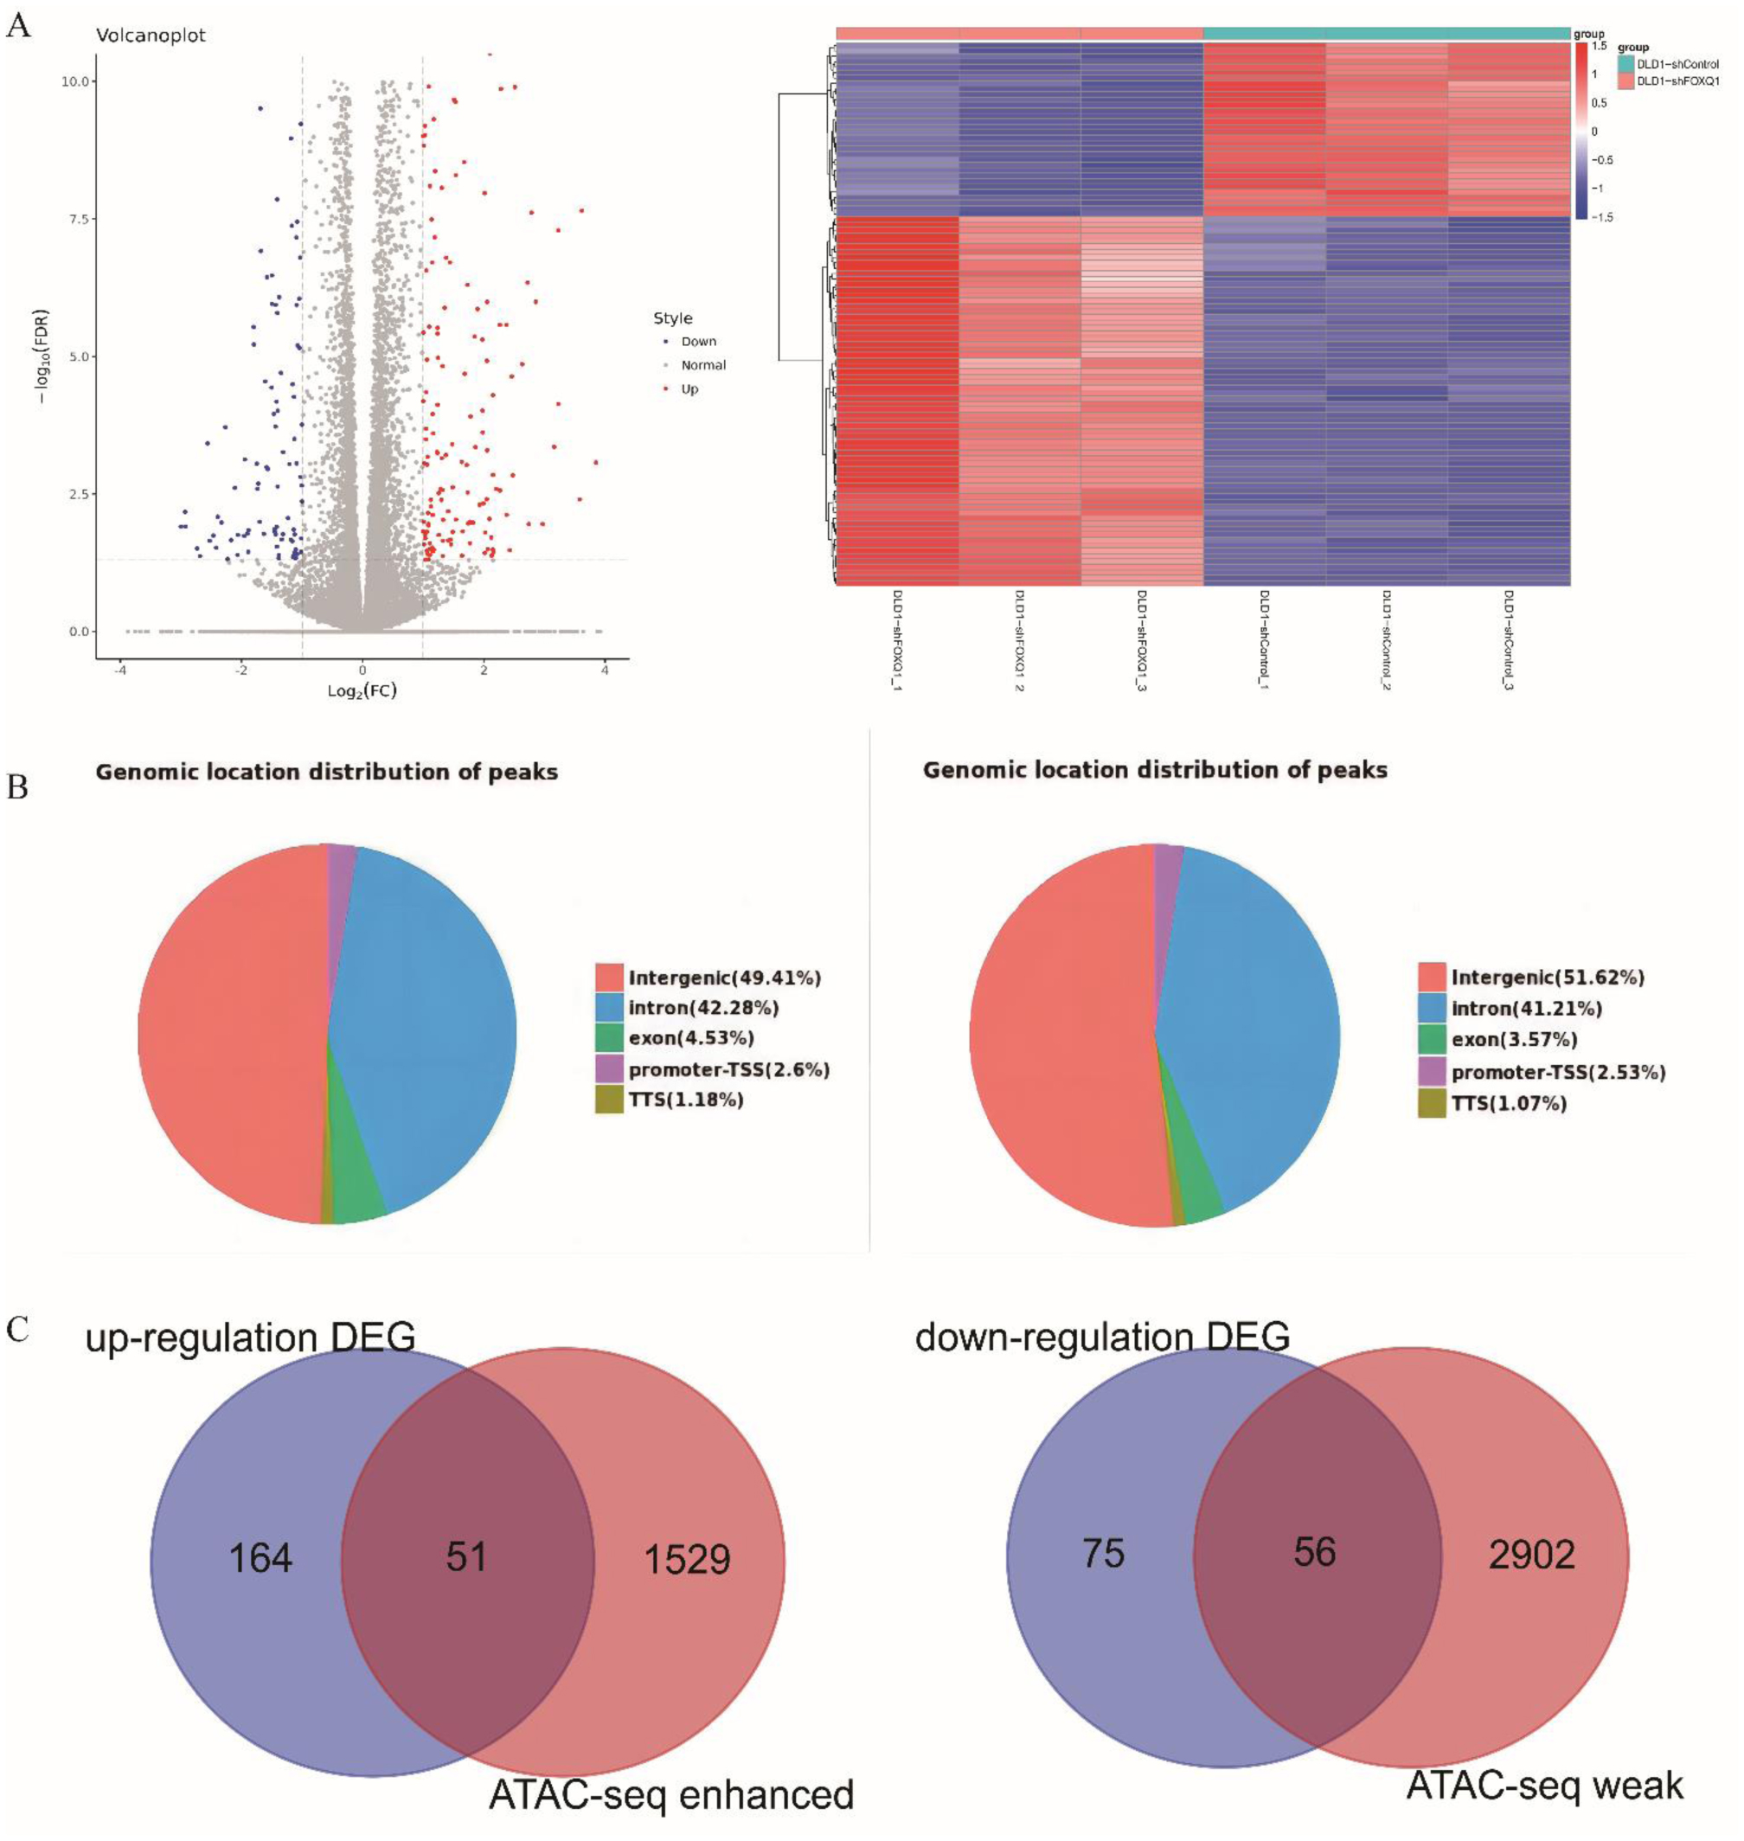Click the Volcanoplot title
[x=151, y=36]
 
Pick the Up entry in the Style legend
[x=689, y=389]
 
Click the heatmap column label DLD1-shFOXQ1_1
[x=897, y=643]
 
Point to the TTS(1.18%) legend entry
[x=685, y=1100]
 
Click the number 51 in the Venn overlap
[x=466, y=1556]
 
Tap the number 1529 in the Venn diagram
[x=687, y=1559]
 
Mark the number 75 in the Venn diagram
[x=1104, y=1554]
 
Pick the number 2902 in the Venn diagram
[x=1531, y=1554]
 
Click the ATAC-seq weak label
[x=1544, y=1784]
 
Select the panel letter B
[x=17, y=786]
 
